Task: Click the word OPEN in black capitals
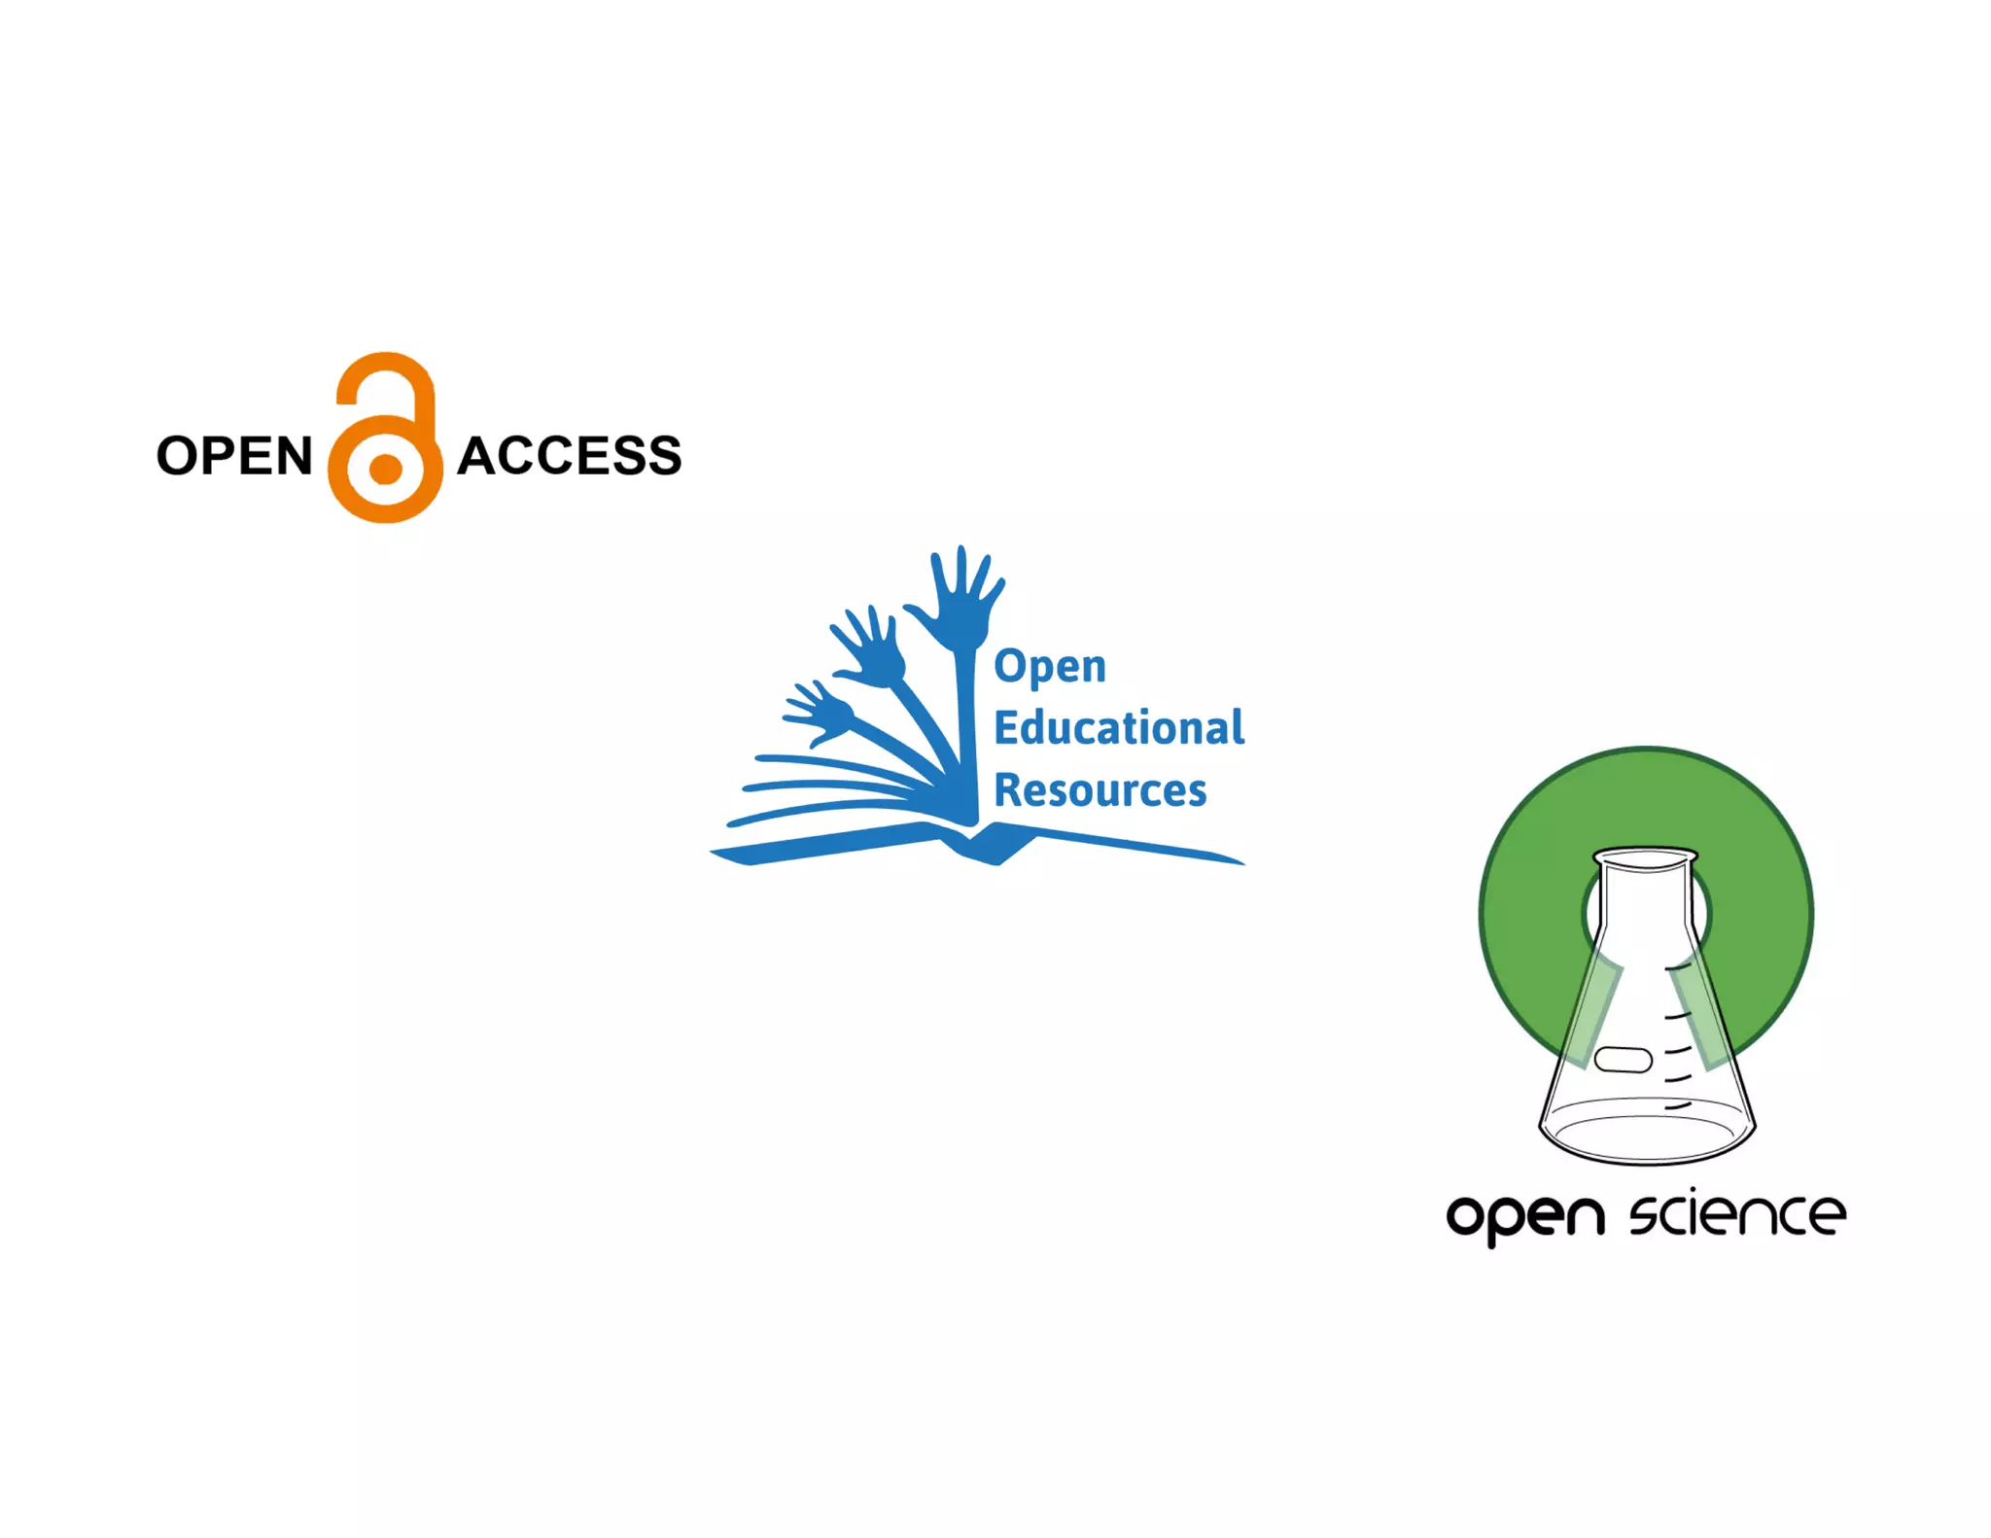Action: point(234,456)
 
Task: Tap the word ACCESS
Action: point(570,456)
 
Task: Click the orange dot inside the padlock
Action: point(386,470)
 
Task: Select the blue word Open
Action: point(1050,668)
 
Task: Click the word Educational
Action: point(1119,727)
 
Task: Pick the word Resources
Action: point(1100,789)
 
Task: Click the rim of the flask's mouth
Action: point(1646,857)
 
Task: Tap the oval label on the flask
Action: point(1623,1059)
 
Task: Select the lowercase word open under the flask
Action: point(1524,1217)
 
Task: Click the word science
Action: point(1737,1215)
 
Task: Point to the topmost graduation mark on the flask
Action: point(1679,968)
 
